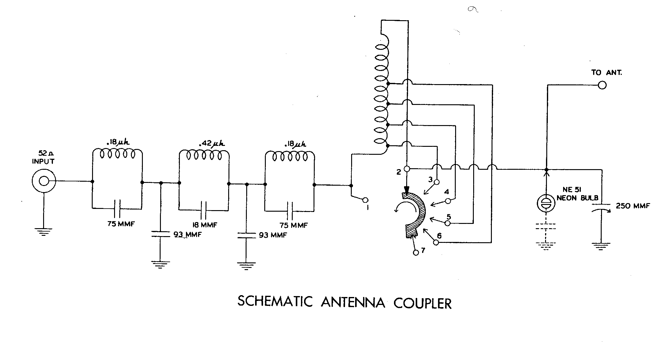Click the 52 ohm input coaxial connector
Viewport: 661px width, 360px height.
[x=44, y=181]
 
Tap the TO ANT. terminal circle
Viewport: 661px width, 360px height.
[x=602, y=85]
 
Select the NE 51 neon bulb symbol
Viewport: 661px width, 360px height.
[x=546, y=203]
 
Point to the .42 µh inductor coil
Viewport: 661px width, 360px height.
[x=204, y=155]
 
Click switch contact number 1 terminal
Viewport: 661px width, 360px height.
[x=365, y=200]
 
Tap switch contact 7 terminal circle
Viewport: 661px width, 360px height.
[x=416, y=253]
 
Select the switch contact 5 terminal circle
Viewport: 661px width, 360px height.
[x=447, y=223]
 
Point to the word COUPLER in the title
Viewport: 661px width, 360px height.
[x=422, y=303]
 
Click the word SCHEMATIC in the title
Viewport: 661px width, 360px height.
[x=275, y=302]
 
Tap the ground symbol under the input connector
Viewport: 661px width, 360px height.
[x=44, y=232]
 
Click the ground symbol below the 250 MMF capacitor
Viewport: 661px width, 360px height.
[x=601, y=246]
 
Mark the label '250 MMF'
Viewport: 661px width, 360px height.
[x=633, y=206]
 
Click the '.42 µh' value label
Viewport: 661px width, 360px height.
[x=212, y=143]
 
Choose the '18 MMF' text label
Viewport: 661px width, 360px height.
[x=205, y=225]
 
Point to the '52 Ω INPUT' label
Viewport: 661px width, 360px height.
[x=43, y=157]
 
